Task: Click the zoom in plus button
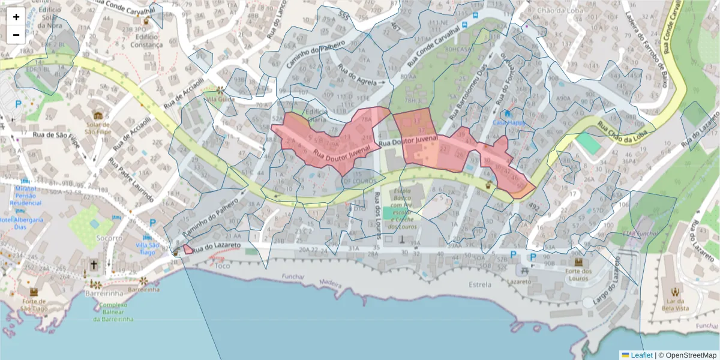coord(16,17)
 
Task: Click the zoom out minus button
coord(16,35)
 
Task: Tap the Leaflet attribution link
coord(641,355)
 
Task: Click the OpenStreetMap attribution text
coord(691,355)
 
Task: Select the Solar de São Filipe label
coord(98,127)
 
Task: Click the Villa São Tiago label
coord(148,248)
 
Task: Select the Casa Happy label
coord(508,122)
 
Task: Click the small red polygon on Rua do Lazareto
coord(188,249)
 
